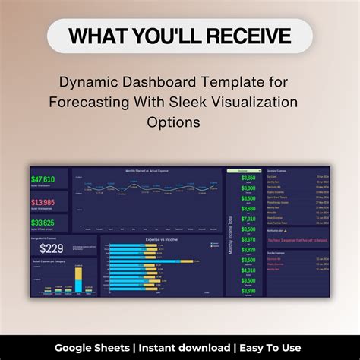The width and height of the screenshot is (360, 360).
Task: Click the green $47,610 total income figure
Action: [43, 178]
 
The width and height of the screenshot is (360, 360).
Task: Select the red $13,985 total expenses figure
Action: [43, 202]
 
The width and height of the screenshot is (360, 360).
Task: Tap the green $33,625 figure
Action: [43, 223]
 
